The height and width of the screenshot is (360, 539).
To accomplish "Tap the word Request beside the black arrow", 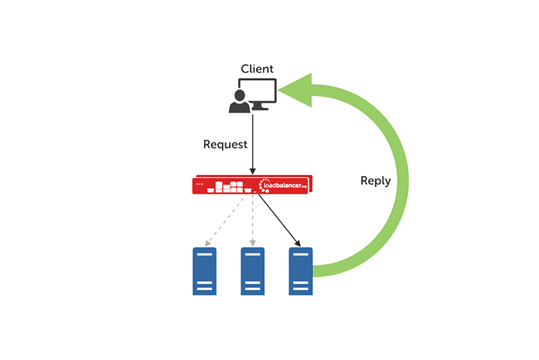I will pos(225,144).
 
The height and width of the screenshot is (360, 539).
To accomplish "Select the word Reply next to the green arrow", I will pos(375,181).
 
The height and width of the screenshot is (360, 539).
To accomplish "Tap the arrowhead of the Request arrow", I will pos(252,171).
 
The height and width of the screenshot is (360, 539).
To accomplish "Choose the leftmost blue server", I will pos(204,271).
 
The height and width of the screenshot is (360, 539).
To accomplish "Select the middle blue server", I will pos(253,271).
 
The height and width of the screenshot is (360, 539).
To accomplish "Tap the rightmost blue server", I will pos(300,271).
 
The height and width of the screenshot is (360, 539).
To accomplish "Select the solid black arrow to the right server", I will pos(278,219).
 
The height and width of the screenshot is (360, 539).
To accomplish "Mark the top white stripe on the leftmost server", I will pos(204,254).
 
